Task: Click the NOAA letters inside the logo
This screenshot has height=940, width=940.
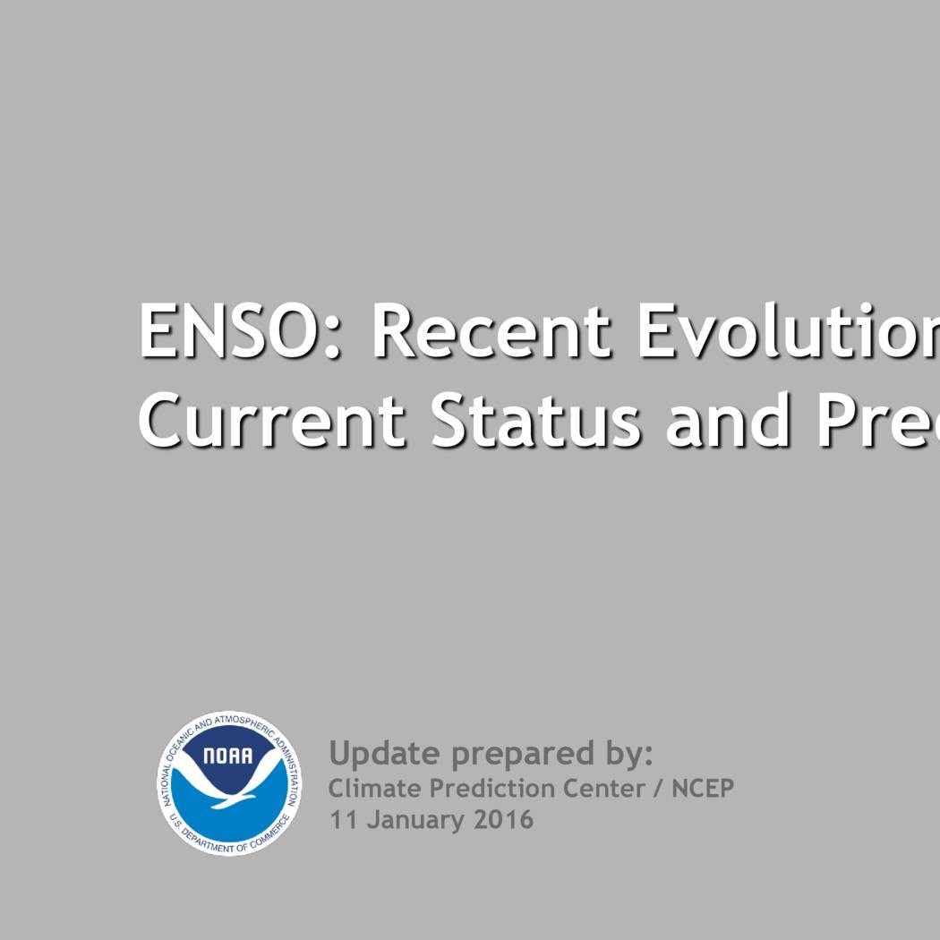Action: coord(227,756)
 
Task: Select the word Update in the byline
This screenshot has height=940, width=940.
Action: coord(385,754)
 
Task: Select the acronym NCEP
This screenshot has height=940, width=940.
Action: coord(703,789)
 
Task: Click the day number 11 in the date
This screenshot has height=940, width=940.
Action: coord(343,819)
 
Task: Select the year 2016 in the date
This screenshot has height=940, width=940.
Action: coord(503,819)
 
